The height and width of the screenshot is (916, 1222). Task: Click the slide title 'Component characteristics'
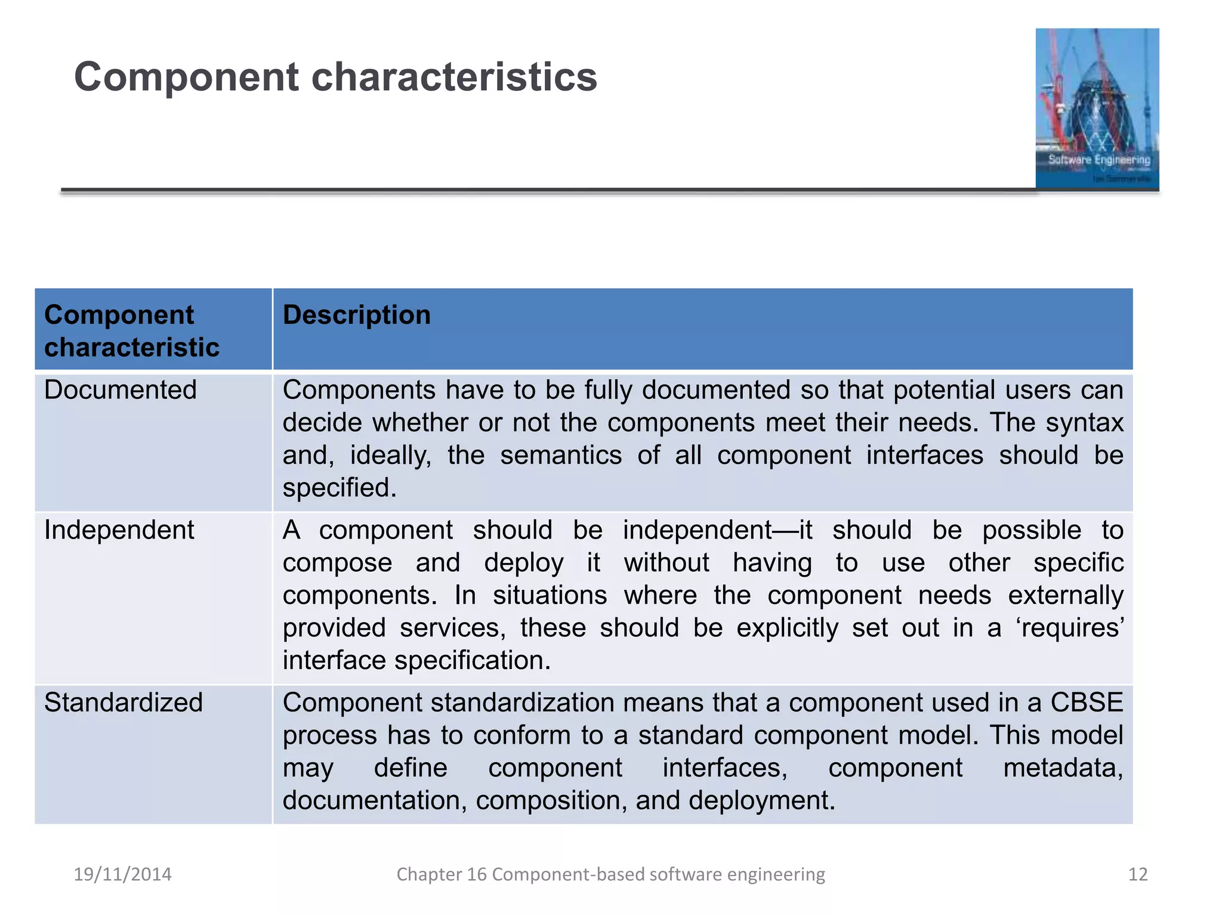[335, 78]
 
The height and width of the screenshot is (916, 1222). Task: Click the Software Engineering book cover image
[1097, 109]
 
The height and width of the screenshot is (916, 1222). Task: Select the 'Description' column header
[357, 315]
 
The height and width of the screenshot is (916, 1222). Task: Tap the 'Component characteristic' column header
[132, 331]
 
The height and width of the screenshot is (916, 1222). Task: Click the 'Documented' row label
[121, 391]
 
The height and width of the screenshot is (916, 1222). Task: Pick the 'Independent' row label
[119, 530]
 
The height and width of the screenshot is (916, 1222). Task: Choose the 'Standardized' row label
[124, 703]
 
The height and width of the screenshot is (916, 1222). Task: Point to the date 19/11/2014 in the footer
[122, 874]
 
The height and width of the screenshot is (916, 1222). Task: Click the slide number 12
[1138, 874]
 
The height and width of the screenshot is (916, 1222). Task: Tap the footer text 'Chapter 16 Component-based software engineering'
[610, 874]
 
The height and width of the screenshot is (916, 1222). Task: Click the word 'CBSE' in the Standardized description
[1087, 703]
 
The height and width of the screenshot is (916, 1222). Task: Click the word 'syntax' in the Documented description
[1085, 423]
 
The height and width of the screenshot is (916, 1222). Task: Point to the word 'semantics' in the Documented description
[561, 456]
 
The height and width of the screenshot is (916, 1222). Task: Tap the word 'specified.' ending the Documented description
[340, 488]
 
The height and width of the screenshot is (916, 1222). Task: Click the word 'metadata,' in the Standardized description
[1063, 768]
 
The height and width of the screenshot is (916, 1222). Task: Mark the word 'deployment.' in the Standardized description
[762, 801]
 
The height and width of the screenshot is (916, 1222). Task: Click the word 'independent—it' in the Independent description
[717, 530]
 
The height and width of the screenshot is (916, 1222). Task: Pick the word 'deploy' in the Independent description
[523, 564]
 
